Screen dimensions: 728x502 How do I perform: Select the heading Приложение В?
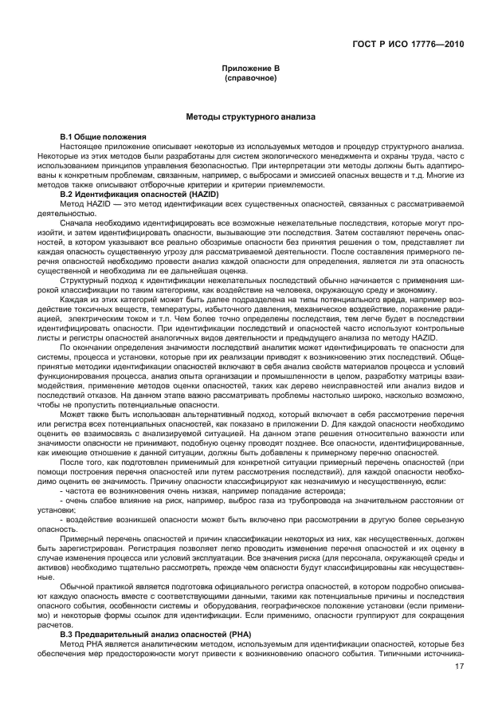click(251, 70)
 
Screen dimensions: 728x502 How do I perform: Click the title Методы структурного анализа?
click(251, 117)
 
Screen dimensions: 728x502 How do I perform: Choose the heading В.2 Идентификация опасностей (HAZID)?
click(134, 194)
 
